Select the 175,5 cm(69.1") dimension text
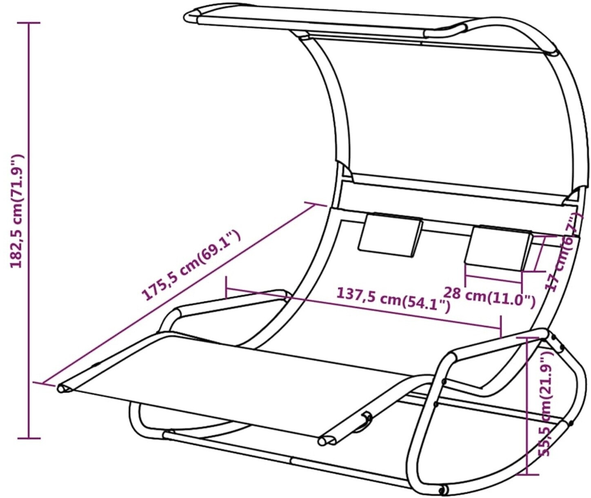tap(191, 265)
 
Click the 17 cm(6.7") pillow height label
tap(563, 253)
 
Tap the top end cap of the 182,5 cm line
tap(29, 23)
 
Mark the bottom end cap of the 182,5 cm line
tap(29, 438)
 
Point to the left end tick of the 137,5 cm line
tap(226, 287)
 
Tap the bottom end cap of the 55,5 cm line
tap(527, 474)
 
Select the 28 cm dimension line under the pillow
tap(493, 279)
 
